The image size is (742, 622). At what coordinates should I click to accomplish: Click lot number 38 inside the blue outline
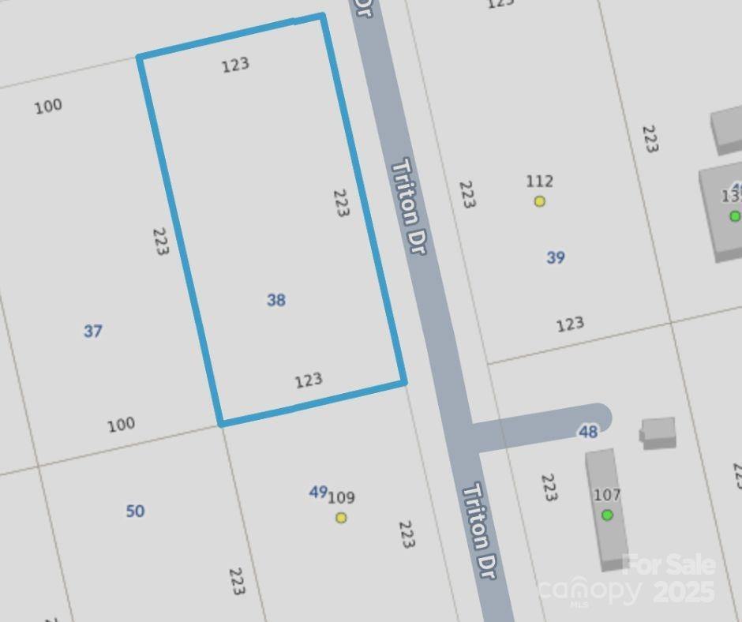[x=276, y=300]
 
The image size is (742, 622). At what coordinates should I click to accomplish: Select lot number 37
[x=93, y=332]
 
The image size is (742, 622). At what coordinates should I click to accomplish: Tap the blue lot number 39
[x=556, y=257]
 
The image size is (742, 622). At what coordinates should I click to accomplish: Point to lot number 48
[x=588, y=432]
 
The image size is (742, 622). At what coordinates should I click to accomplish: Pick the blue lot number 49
[x=317, y=493]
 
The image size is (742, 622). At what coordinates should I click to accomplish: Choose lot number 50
[x=135, y=511]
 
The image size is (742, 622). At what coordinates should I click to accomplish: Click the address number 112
[x=540, y=182]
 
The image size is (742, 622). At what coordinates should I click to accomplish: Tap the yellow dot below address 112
[x=540, y=201]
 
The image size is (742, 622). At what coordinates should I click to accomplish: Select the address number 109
[x=342, y=497]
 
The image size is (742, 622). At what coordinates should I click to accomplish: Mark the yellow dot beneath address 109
[x=341, y=518]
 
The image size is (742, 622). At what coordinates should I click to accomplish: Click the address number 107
[x=607, y=495]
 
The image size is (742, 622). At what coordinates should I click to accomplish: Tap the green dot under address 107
[x=607, y=515]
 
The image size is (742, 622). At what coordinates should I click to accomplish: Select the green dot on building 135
[x=735, y=215]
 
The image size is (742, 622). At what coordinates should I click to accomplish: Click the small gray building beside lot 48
[x=658, y=432]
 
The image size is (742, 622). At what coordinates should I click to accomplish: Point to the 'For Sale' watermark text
[x=669, y=564]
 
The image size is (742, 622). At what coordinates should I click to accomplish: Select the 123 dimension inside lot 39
[x=570, y=324]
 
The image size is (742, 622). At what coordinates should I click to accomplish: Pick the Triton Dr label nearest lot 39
[x=410, y=206]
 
